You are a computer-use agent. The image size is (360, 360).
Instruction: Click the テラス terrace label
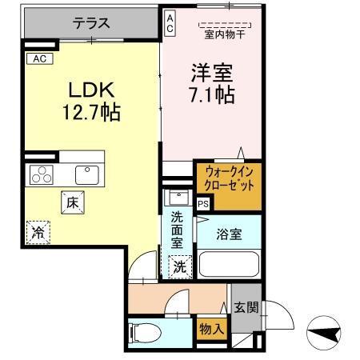point(91,24)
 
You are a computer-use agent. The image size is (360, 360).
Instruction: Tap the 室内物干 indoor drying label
point(224,35)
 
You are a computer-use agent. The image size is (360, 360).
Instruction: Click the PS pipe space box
point(203,204)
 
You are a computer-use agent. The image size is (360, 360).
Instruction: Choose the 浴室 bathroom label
point(230,235)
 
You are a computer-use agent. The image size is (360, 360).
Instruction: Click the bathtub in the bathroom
point(227,264)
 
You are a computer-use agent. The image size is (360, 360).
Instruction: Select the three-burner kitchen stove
point(42,174)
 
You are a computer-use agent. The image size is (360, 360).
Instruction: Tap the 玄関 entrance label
point(245,307)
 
